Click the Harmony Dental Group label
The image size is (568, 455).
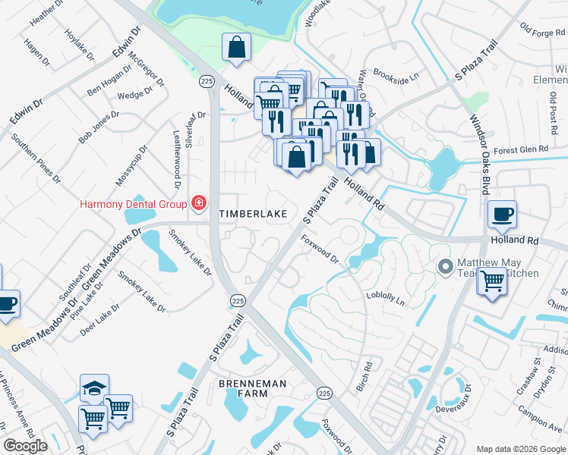134,204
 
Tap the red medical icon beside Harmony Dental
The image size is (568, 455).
199,202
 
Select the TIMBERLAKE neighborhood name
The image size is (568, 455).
253,214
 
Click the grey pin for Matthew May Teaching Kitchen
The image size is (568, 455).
445,266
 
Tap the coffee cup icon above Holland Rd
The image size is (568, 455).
501,214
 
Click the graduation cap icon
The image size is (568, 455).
95,388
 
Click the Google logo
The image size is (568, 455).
25,446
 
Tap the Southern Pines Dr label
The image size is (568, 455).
35,158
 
